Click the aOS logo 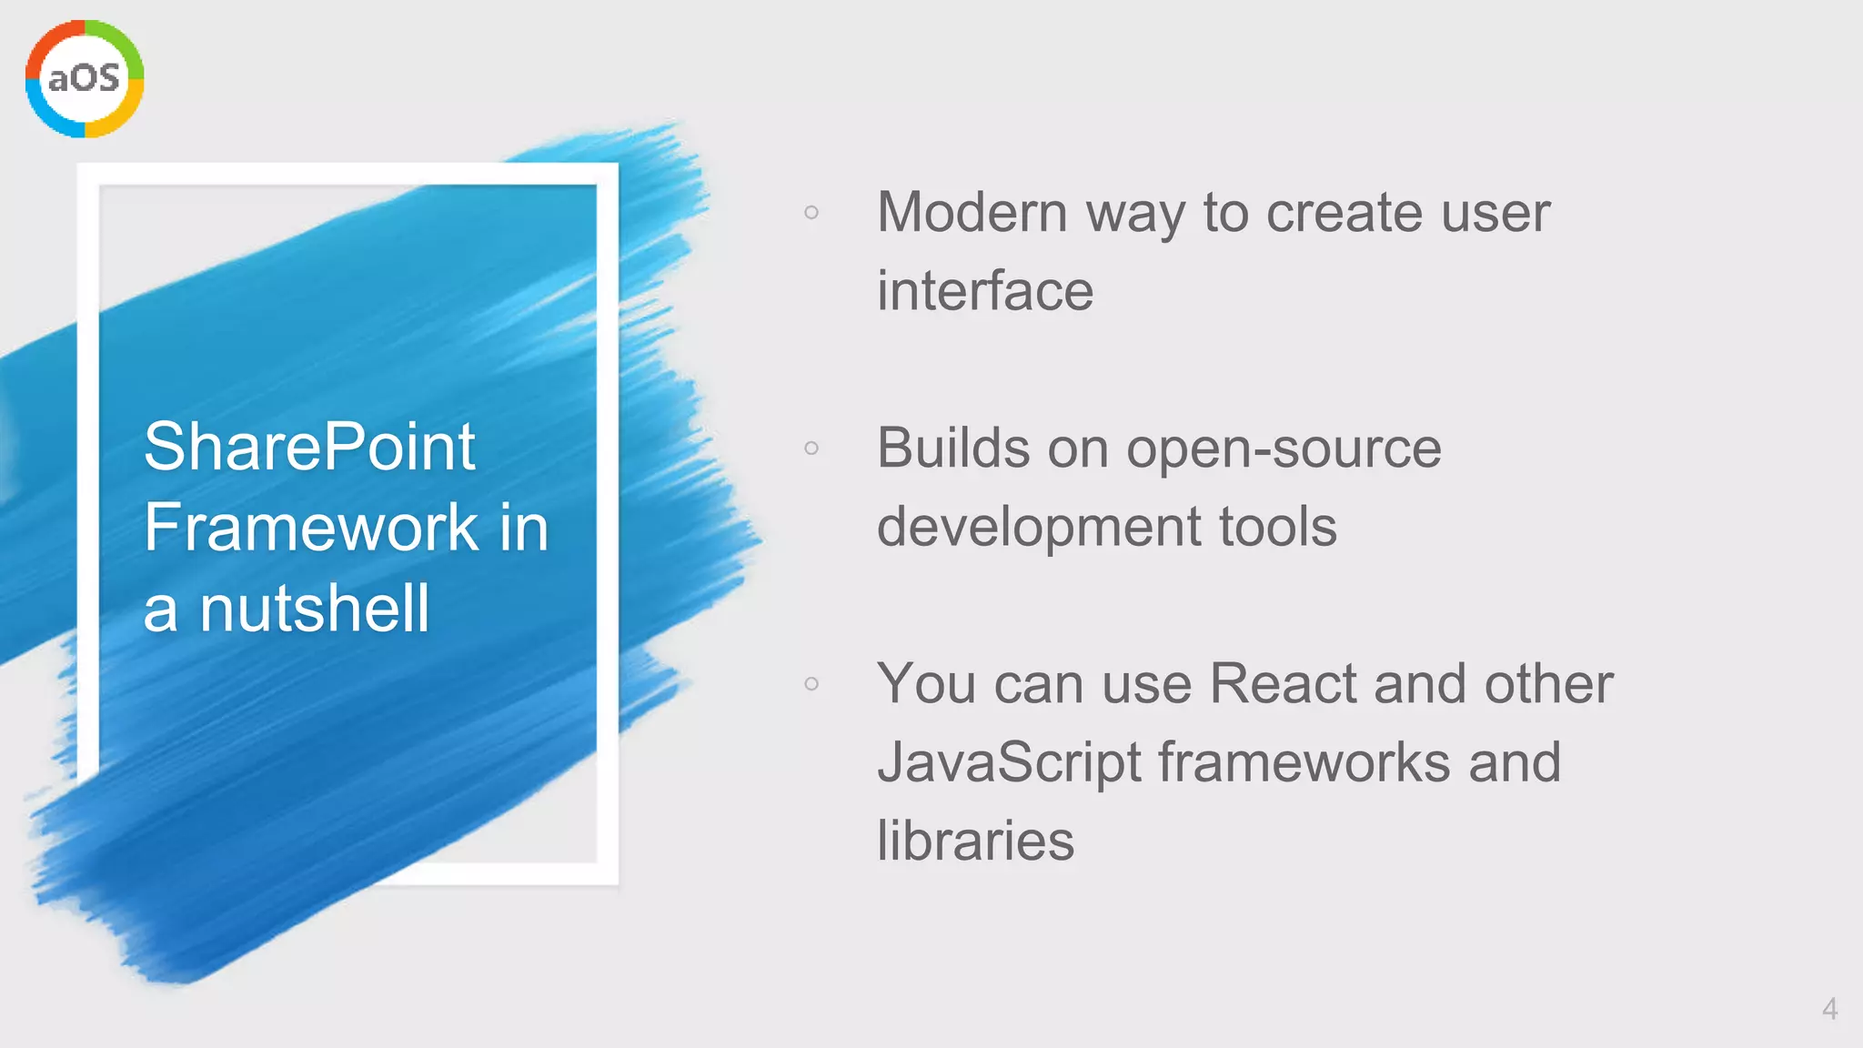pos(85,79)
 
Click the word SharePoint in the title pos(309,447)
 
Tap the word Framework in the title pos(310,528)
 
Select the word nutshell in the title pos(314,609)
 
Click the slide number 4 pos(1829,1009)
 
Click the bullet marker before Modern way pos(811,213)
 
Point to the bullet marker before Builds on pos(811,448)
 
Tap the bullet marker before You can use pos(811,683)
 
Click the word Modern pos(972,213)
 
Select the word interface pos(985,291)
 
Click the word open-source pos(1284,448)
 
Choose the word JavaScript pos(1009,762)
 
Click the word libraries pos(975,841)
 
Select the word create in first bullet pos(1331,213)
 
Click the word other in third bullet pos(1548,683)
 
